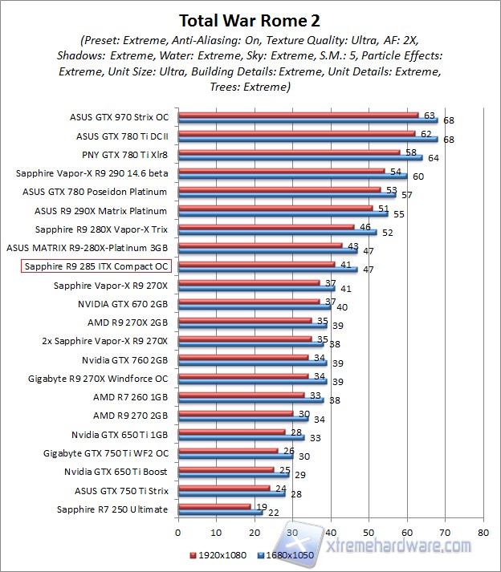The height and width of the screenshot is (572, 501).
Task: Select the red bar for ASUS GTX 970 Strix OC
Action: point(297,116)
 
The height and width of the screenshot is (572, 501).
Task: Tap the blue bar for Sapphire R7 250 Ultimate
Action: point(219,513)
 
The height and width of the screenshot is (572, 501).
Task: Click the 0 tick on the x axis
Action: point(177,532)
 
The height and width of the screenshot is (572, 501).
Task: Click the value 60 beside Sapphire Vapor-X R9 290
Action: point(418,176)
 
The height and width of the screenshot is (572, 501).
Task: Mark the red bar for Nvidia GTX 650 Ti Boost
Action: point(225,470)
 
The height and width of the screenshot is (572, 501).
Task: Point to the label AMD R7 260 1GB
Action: point(130,396)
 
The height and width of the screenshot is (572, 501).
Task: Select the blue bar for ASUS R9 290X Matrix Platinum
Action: point(282,213)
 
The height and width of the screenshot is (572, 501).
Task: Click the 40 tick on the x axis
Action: point(330,532)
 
